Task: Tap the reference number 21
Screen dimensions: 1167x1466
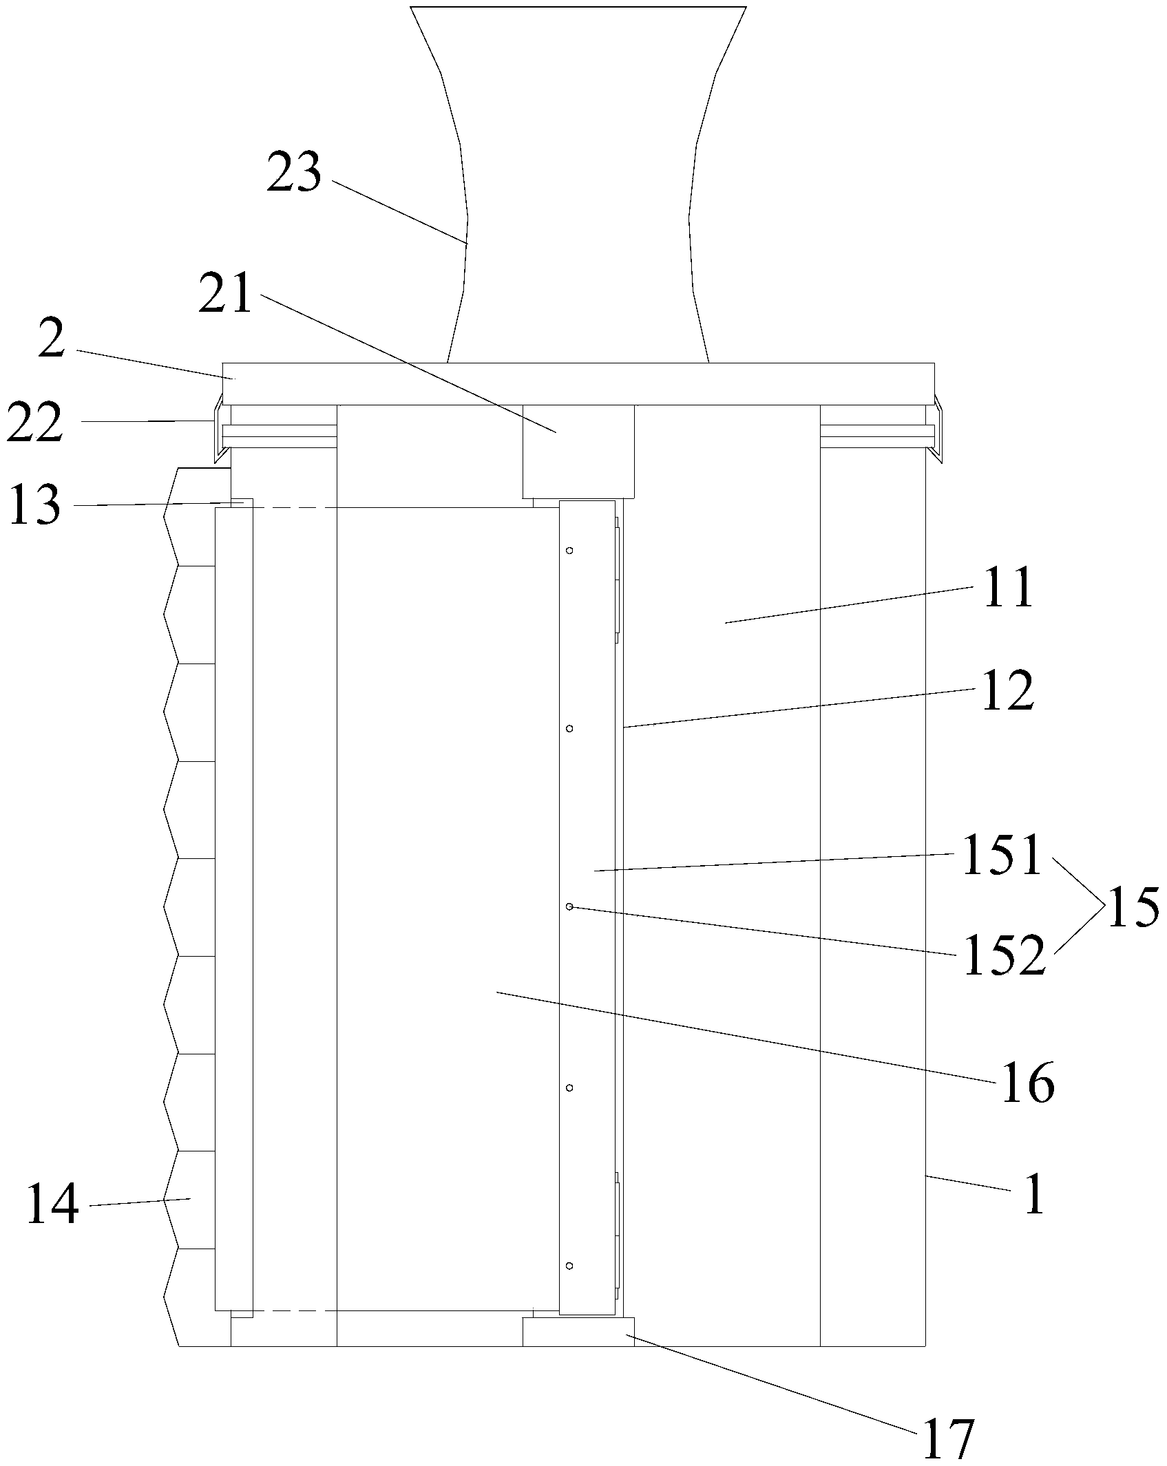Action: click(225, 294)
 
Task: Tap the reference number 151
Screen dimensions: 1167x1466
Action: click(1002, 854)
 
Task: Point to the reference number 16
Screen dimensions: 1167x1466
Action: click(1027, 1102)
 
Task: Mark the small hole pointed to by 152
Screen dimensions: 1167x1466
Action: click(569, 907)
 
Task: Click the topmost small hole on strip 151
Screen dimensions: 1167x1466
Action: click(569, 551)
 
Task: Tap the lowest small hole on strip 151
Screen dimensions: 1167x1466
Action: click(569, 1266)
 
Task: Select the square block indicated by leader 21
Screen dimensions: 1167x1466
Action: click(578, 451)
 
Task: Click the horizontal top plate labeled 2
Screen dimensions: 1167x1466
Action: click(578, 383)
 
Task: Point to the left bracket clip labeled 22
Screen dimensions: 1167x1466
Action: click(220, 427)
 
